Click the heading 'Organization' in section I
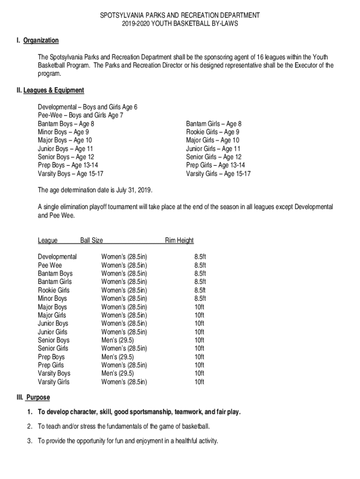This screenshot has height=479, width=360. (42, 41)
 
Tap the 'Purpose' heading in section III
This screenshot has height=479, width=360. (38, 398)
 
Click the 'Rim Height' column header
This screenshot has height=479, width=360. (179, 240)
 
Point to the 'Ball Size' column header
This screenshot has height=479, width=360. (92, 240)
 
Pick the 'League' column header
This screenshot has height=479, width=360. (48, 240)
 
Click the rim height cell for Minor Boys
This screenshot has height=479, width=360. (200, 298)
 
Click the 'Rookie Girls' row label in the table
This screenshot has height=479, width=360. (53, 290)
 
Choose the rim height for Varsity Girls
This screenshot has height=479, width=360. (199, 382)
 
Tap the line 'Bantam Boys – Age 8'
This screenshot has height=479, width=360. (66, 124)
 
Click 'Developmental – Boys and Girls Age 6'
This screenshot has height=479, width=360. (87, 107)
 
